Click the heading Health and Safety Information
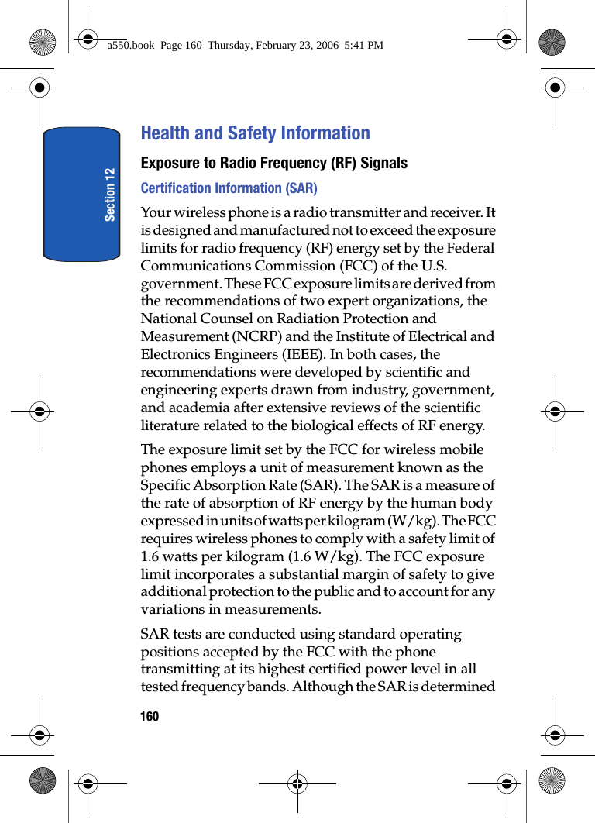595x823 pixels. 255,133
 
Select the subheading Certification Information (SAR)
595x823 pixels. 229,188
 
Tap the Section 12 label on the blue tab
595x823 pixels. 110,194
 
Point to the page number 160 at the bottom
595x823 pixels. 150,716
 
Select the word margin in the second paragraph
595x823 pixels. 362,575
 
